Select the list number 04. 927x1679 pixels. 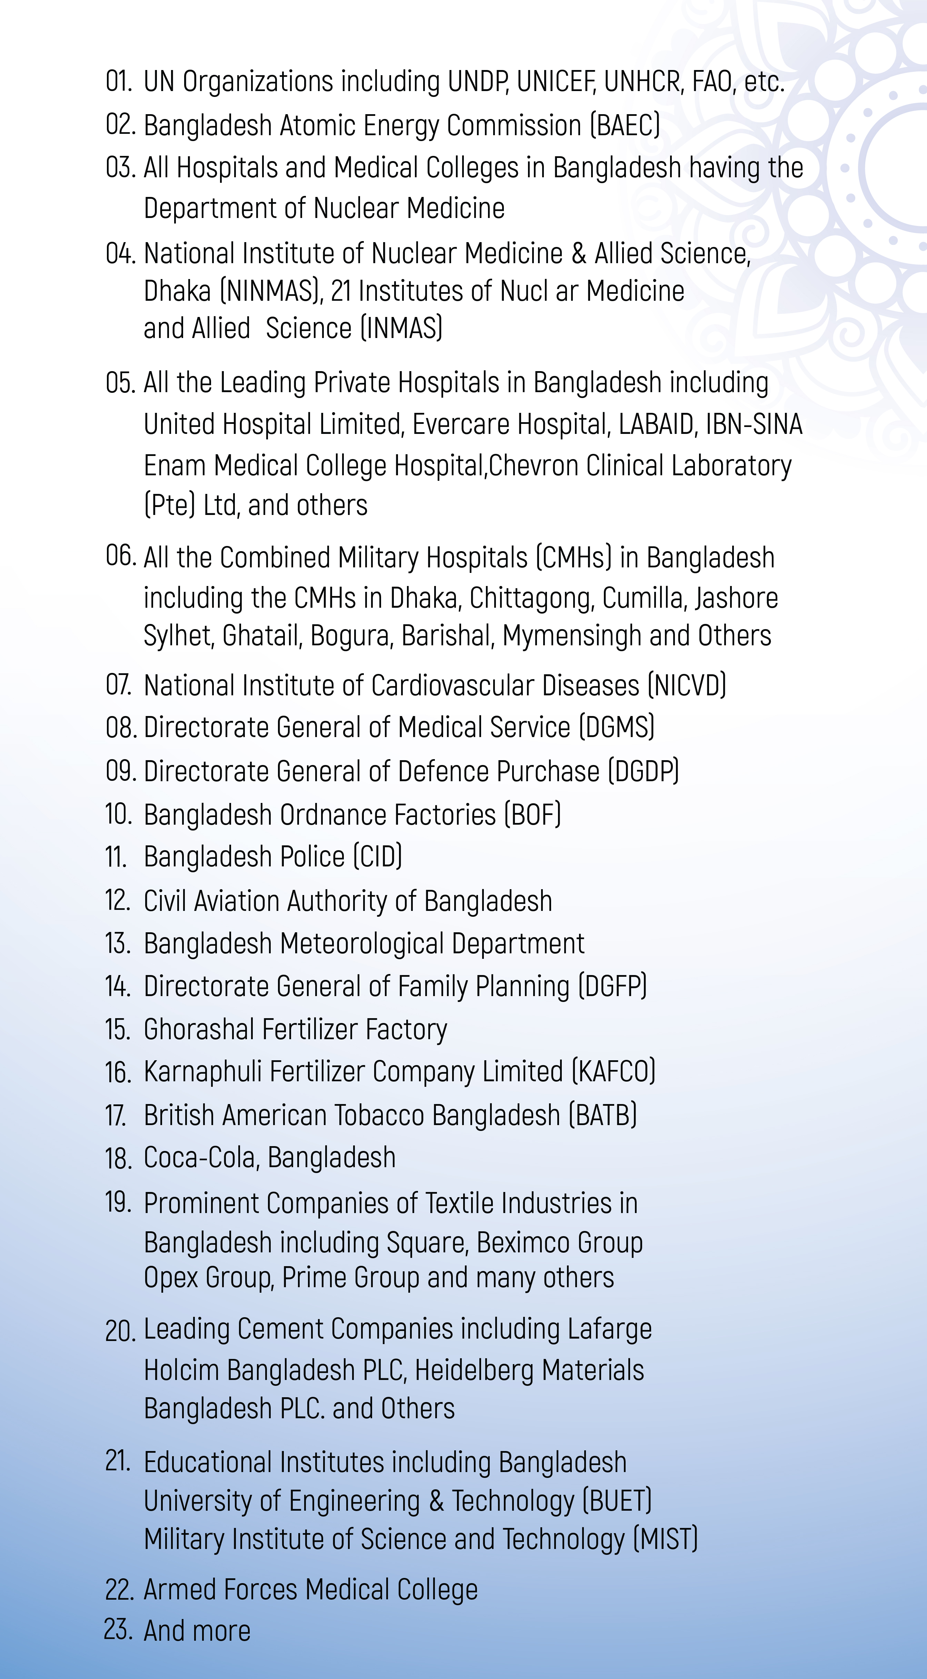[120, 254]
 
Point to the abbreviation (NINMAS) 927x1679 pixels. [270, 291]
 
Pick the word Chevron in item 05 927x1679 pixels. [532, 466]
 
